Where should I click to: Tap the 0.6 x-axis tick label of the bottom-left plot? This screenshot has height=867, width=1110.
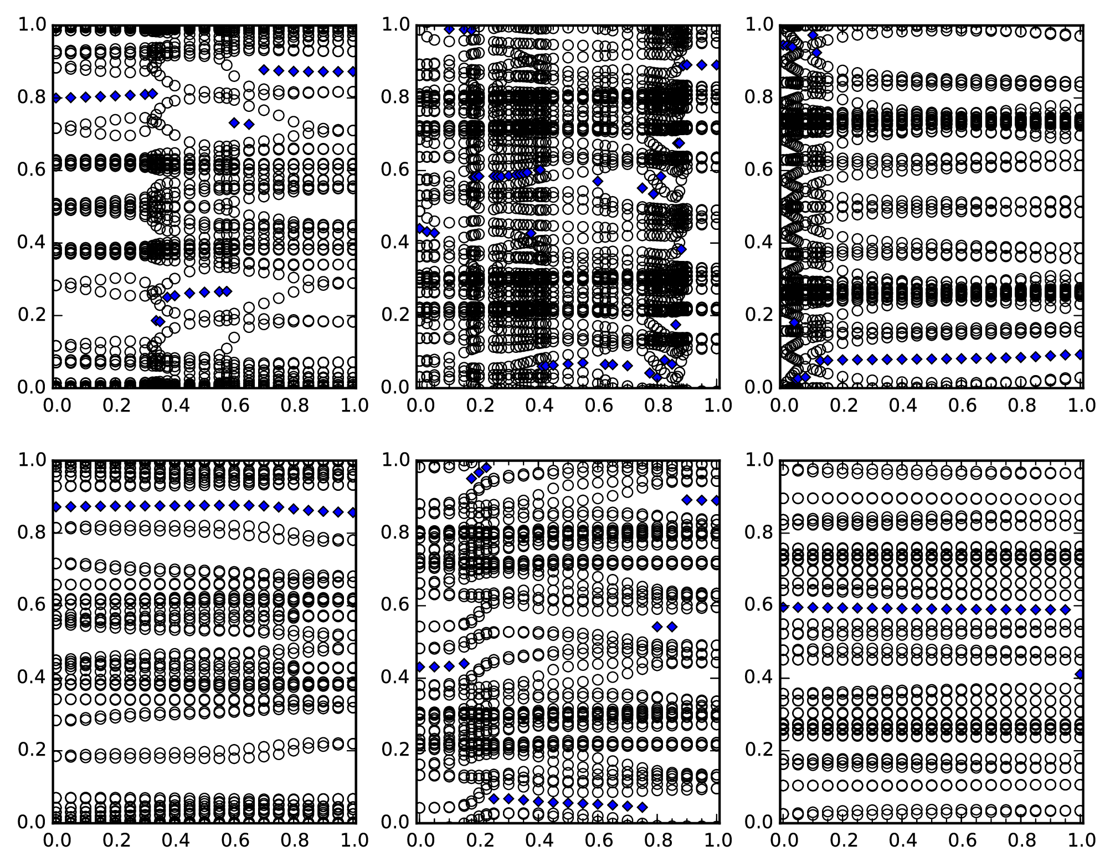tap(234, 840)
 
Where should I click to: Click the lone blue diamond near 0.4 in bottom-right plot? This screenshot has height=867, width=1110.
tap(1080, 674)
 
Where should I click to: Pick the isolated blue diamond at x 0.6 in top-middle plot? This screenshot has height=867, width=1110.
tap(598, 181)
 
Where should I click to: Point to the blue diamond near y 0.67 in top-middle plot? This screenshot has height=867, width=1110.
tap(679, 143)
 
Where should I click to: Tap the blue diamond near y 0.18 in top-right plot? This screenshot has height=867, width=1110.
tap(794, 322)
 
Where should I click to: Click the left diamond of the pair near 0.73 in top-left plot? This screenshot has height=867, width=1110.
tap(234, 122)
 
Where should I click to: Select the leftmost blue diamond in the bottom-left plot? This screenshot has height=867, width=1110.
tap(55, 507)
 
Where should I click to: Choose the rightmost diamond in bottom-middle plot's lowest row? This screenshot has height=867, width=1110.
tap(643, 807)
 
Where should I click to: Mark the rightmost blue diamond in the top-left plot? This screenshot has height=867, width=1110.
tap(352, 71)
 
